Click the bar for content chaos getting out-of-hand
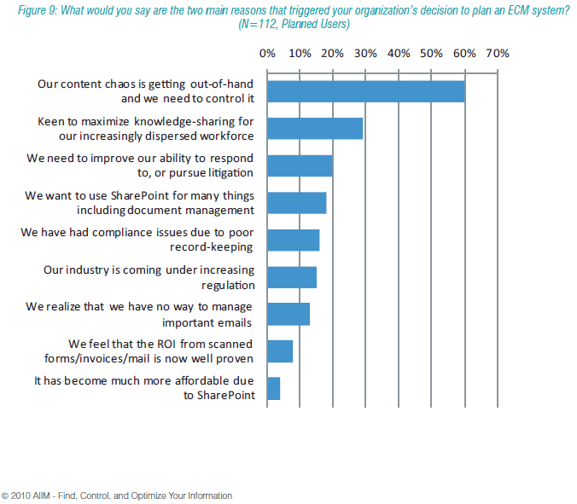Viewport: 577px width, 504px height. point(366,91)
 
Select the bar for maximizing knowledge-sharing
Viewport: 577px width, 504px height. point(315,128)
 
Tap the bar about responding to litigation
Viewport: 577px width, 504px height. point(300,165)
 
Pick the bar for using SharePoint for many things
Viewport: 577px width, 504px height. point(296,203)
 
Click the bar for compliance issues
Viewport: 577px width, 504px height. point(293,240)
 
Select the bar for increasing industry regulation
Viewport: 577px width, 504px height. point(292,277)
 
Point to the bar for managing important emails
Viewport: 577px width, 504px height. point(288,314)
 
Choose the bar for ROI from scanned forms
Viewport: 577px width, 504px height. point(280,351)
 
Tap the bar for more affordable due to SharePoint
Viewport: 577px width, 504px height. point(273,388)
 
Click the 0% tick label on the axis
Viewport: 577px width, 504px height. point(267,53)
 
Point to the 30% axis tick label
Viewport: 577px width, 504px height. point(365,53)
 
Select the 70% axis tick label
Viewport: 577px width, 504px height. point(497,53)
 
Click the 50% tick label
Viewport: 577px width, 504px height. point(431,53)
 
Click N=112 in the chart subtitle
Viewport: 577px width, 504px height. point(255,25)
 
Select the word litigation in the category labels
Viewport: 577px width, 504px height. point(225,172)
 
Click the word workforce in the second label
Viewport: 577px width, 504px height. point(229,135)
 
